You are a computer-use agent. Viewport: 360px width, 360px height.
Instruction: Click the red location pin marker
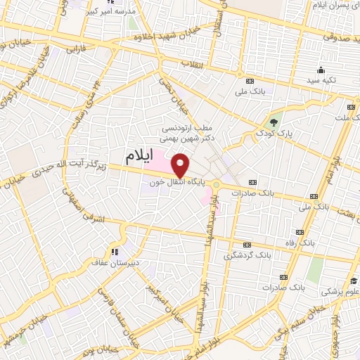pos(181,165)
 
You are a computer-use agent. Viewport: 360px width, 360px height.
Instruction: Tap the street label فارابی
pos(75,50)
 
